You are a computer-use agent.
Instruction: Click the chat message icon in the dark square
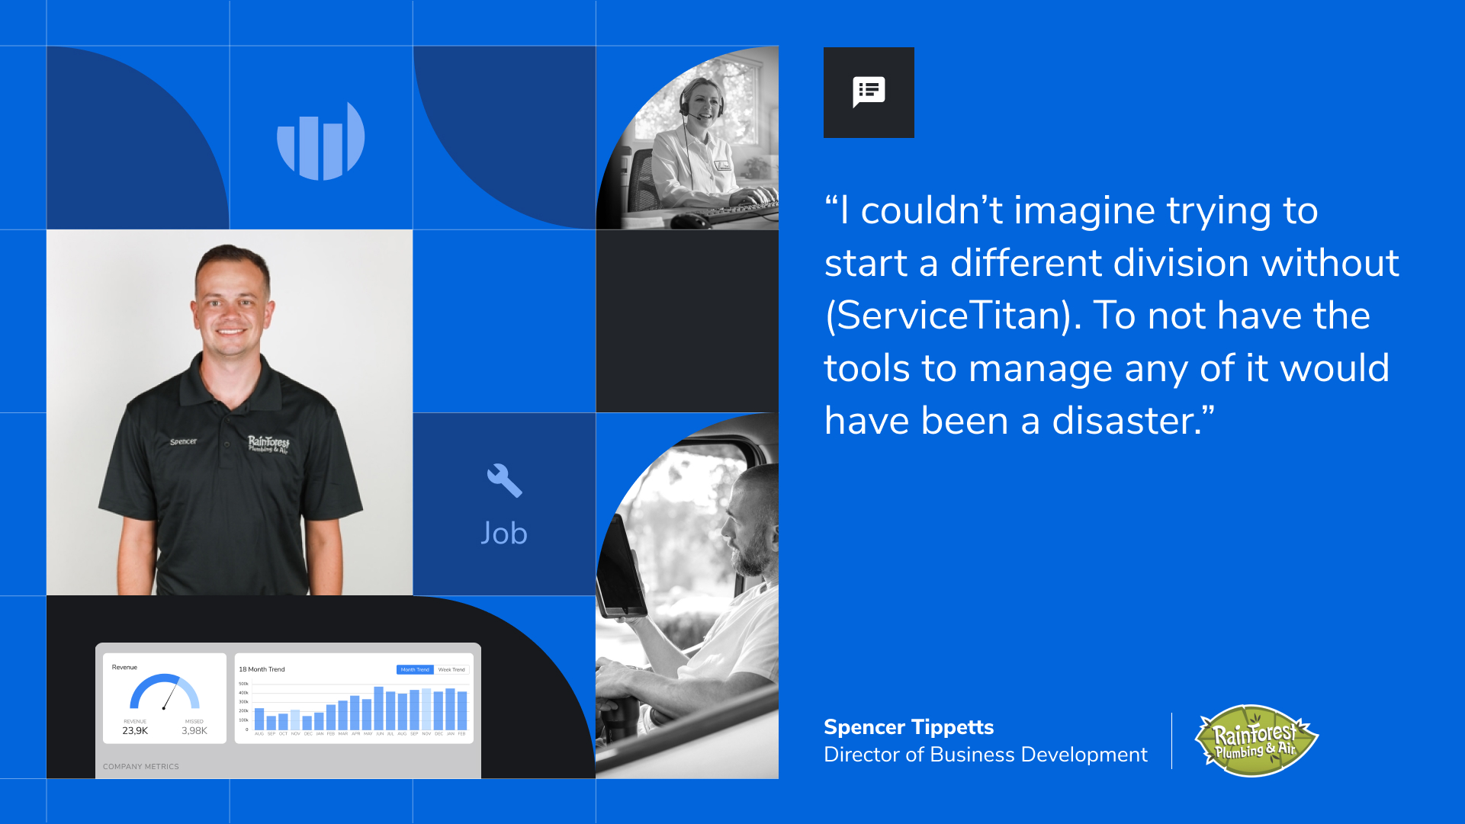(869, 92)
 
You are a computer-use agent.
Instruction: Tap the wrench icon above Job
(504, 481)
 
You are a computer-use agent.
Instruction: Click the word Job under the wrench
(504, 534)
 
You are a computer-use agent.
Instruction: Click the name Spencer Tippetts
(908, 727)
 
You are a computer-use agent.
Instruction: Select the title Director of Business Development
(985, 755)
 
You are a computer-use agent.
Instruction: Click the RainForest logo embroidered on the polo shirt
(268, 444)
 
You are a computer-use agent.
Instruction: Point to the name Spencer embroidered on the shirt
(183, 442)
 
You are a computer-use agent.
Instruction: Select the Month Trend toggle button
(415, 670)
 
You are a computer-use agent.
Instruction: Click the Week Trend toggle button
(451, 670)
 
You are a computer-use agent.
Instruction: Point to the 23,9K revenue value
(135, 731)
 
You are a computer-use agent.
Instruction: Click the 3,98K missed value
(194, 731)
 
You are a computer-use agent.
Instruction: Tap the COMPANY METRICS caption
(141, 767)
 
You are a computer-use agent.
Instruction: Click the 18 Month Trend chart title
(262, 669)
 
